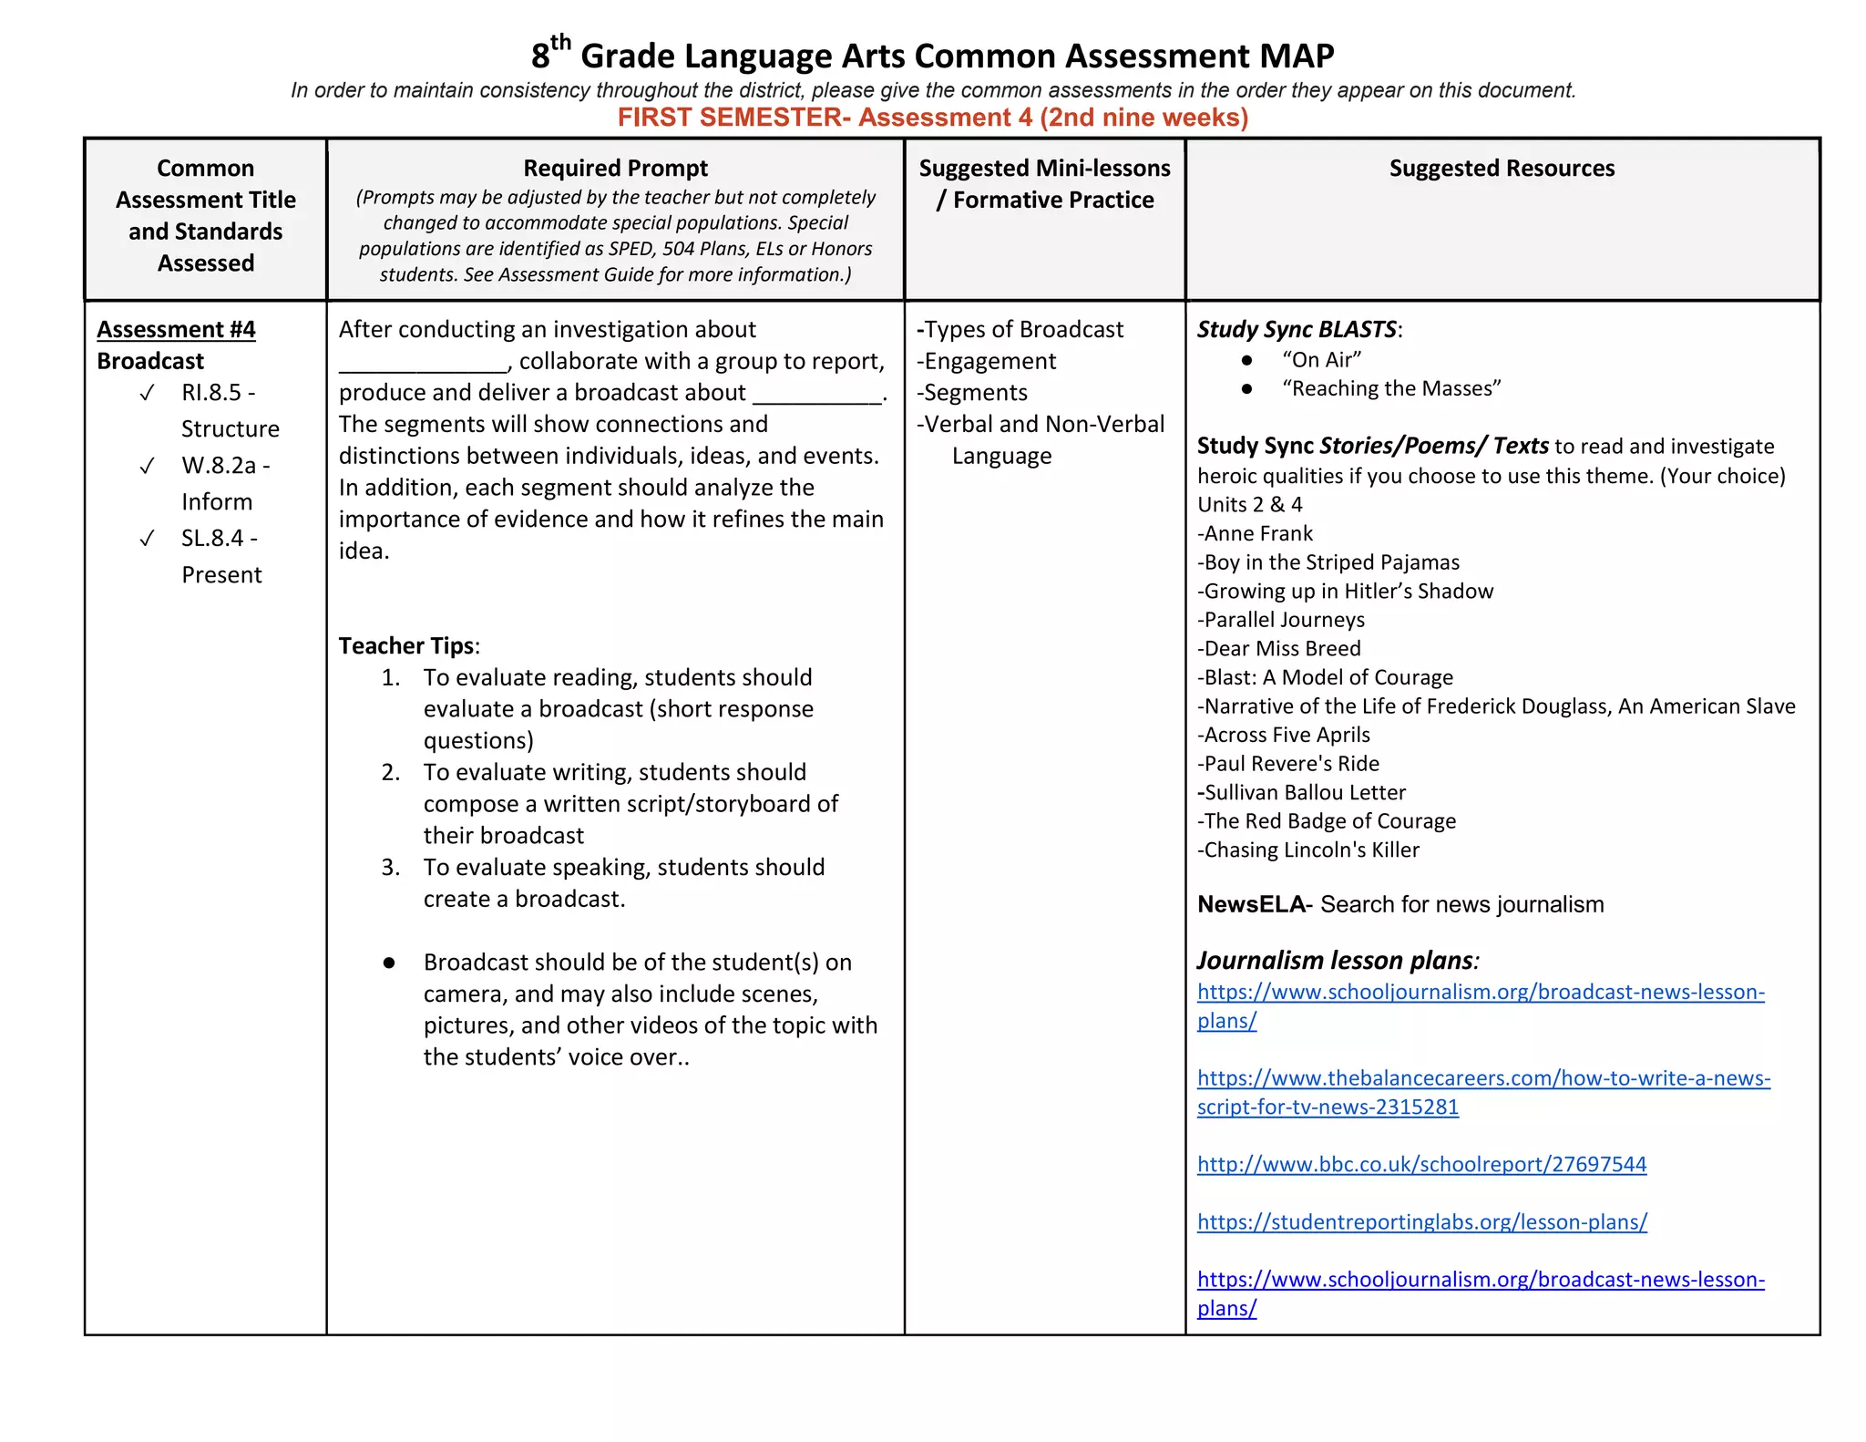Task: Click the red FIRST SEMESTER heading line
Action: [x=932, y=118]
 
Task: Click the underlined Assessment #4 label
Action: [x=176, y=329]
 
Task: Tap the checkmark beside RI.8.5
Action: [x=147, y=394]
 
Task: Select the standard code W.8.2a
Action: [x=219, y=466]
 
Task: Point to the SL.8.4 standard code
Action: [x=212, y=539]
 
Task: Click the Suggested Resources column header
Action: [x=1501, y=169]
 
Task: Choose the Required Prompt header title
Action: [x=615, y=169]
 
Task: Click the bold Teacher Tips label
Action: [x=407, y=645]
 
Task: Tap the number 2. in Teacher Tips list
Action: [x=391, y=772]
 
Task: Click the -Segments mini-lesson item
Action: [x=972, y=393]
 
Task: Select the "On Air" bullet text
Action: [x=1321, y=360]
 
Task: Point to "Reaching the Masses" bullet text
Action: [x=1390, y=389]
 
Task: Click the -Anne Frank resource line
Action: [x=1255, y=533]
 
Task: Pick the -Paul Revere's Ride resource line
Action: [x=1287, y=764]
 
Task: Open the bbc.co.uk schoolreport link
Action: [x=1420, y=1164]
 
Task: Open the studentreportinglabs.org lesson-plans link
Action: [x=1421, y=1221]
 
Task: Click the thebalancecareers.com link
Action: [x=1482, y=1078]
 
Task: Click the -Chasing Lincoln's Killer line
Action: [x=1307, y=850]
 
